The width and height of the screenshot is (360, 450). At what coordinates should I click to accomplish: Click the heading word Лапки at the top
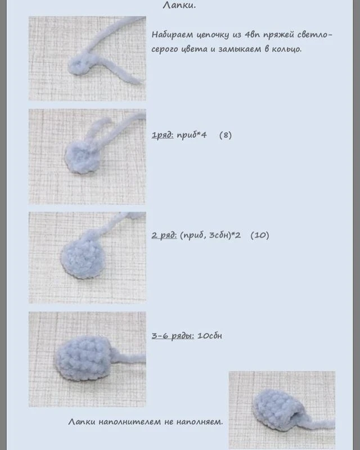pos(179,5)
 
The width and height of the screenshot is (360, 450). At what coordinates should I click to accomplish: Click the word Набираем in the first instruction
pos(173,34)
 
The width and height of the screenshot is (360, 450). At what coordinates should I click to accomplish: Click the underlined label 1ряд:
pos(163,135)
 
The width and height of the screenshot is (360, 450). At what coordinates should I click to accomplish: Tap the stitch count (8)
pos(226,135)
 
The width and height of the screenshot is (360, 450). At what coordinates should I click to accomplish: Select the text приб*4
pos(191,135)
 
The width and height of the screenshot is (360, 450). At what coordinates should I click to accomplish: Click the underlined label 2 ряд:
pos(164,235)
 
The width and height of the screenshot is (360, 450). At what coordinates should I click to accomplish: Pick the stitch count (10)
pos(260,235)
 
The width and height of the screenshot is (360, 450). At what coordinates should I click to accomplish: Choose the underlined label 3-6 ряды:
pos(173,336)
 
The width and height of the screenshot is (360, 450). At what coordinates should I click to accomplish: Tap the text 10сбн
pos(210,336)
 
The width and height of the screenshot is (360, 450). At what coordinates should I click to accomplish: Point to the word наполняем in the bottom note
pos(199,422)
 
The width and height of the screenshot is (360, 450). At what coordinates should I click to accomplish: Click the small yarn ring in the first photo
pos(78,66)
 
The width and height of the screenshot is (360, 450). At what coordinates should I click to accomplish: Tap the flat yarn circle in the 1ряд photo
pos(82,158)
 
